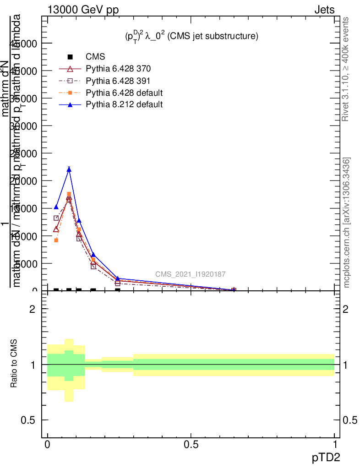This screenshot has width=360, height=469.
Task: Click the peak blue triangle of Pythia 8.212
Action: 69,169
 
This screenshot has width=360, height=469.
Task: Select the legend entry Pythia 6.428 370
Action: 118,69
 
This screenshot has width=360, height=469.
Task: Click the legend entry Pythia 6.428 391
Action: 118,81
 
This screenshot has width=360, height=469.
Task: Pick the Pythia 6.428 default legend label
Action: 124,93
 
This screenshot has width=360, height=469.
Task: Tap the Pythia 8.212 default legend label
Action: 124,104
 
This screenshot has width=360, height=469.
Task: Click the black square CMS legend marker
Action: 70,57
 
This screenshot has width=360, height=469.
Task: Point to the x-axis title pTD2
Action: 326,457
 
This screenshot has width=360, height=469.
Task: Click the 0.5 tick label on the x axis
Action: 191,445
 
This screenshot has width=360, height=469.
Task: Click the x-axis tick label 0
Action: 47,445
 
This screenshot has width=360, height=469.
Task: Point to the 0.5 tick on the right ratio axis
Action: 349,420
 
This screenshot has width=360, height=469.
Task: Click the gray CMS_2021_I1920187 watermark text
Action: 190,274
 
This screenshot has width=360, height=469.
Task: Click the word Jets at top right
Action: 324,11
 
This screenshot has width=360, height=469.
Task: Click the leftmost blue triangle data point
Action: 56,207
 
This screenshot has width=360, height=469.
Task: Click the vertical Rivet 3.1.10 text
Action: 346,69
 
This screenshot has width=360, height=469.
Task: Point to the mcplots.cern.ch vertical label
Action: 347,222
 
